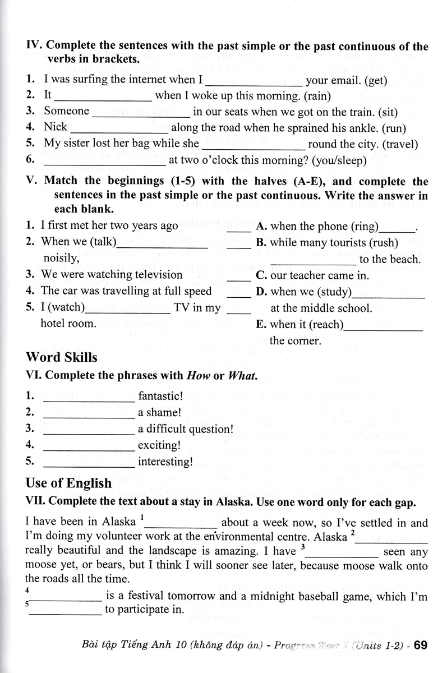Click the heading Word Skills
point(62,357)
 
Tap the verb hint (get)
point(375,80)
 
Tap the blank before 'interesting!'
point(89,463)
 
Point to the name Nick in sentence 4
point(56,127)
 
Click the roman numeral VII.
point(36,503)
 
